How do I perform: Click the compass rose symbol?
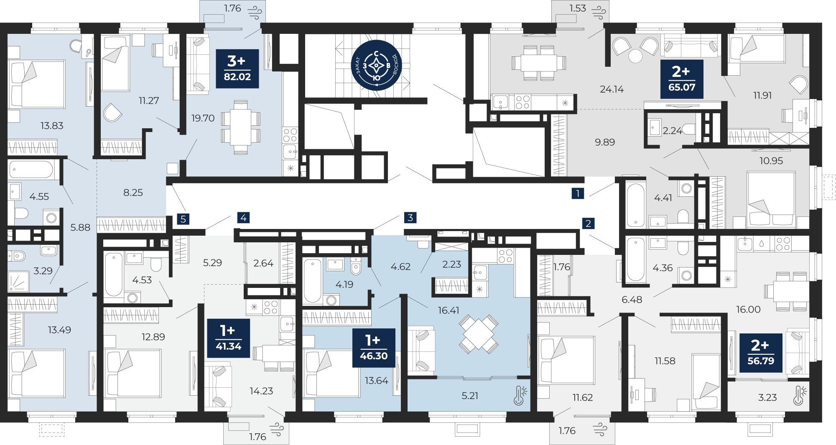click(x=376, y=65)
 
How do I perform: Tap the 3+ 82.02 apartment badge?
click(x=237, y=69)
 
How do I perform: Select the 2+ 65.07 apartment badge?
click(x=682, y=79)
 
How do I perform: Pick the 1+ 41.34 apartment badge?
click(x=229, y=338)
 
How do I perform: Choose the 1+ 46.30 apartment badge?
click(x=374, y=348)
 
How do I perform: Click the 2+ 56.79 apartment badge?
click(x=761, y=353)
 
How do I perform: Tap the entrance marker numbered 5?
click(x=183, y=219)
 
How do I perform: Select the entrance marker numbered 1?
click(x=578, y=193)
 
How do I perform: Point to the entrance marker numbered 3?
click(x=410, y=217)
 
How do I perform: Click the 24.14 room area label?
click(x=612, y=89)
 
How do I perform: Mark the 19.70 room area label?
click(x=203, y=118)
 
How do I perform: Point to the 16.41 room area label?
click(x=449, y=310)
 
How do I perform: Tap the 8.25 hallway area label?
click(x=133, y=193)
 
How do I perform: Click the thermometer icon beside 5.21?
click(x=520, y=395)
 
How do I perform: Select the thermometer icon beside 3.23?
click(x=800, y=396)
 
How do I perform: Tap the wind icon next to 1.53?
click(x=599, y=12)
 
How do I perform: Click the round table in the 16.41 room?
click(x=479, y=334)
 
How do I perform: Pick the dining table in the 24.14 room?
click(x=539, y=63)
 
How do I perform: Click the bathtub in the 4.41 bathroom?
click(x=636, y=205)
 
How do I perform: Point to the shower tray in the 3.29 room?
click(x=18, y=281)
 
